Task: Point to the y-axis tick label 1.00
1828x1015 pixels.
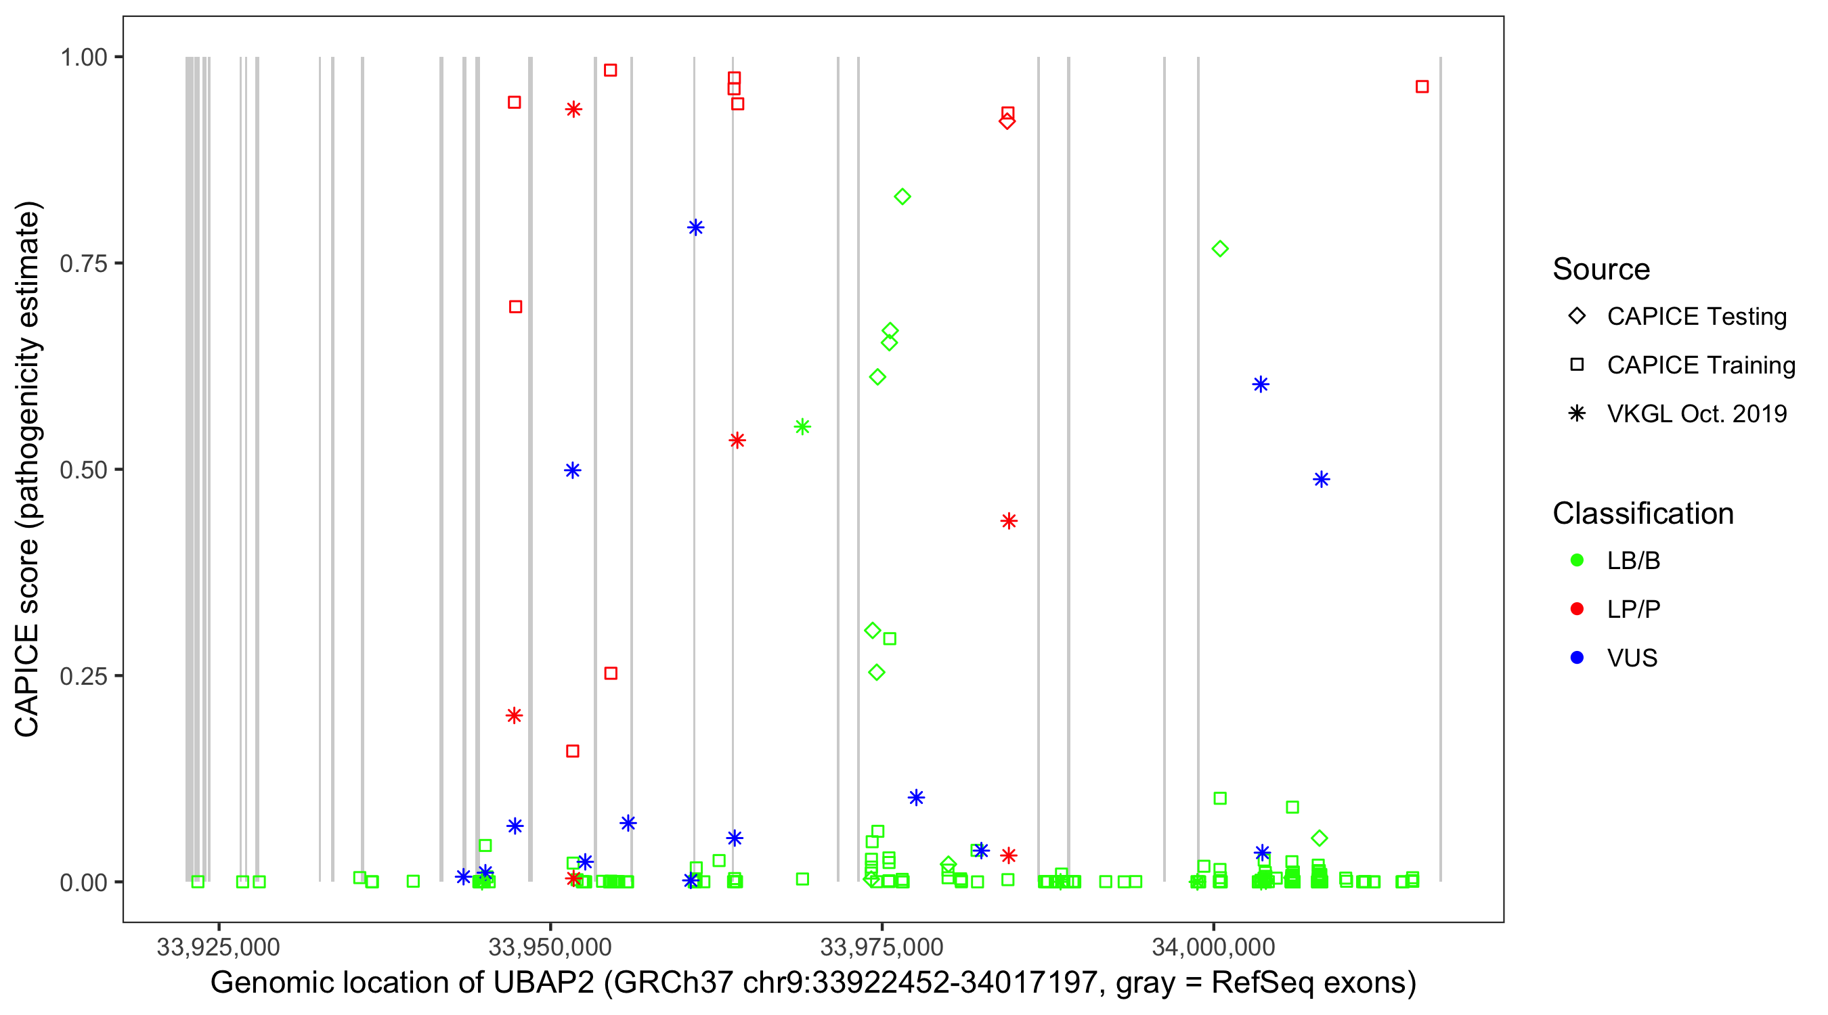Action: point(83,58)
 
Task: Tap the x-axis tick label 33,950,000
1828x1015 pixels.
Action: point(550,947)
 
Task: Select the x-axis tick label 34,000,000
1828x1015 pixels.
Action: point(1213,947)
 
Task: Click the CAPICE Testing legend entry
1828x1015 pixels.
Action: point(1696,317)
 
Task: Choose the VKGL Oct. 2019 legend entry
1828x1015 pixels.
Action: point(1696,413)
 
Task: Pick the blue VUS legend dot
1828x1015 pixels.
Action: point(1577,658)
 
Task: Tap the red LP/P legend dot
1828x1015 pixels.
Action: point(1577,609)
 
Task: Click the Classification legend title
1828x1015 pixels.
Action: point(1642,514)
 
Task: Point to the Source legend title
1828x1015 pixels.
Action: point(1601,269)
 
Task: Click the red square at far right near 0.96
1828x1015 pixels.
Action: point(1422,87)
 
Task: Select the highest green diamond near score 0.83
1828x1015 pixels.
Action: point(902,196)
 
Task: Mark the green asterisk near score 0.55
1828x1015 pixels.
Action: point(802,426)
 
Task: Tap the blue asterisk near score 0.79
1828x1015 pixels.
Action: point(695,227)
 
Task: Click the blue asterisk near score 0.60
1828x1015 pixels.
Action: point(1260,384)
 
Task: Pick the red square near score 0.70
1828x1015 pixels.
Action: point(516,307)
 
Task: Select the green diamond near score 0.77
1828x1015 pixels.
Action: point(1220,249)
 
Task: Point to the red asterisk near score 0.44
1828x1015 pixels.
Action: point(1008,521)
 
